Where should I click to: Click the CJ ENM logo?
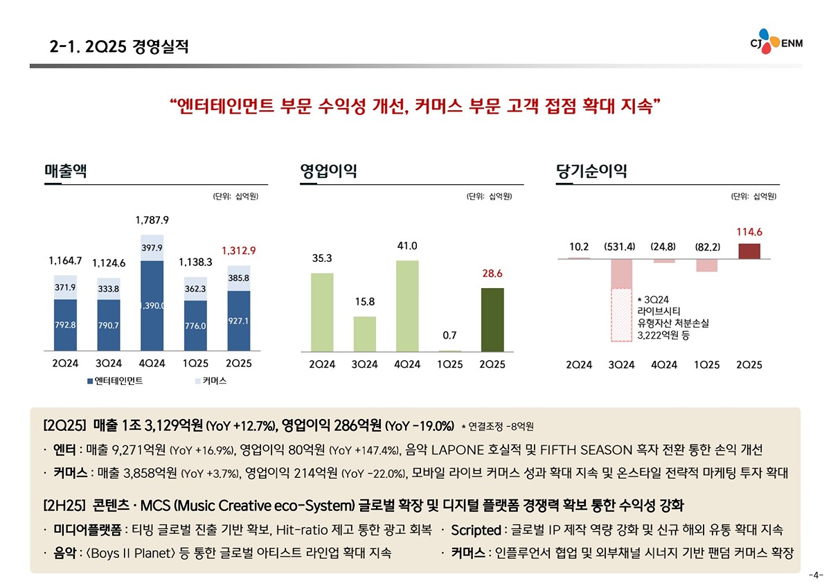[776, 42]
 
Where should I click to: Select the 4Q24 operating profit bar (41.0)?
[407, 305]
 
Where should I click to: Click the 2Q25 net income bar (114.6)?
[750, 251]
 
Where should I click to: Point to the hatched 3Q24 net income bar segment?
[621, 314]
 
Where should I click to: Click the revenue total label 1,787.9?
[152, 220]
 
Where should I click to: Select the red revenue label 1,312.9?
[240, 250]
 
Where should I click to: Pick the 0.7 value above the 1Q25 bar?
[450, 335]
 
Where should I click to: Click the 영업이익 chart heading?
[328, 171]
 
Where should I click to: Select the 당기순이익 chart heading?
[591, 171]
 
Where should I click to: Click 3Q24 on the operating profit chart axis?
[364, 364]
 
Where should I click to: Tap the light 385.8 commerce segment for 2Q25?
[239, 278]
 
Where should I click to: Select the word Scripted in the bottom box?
[476, 531]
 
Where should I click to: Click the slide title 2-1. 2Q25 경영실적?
[118, 48]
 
